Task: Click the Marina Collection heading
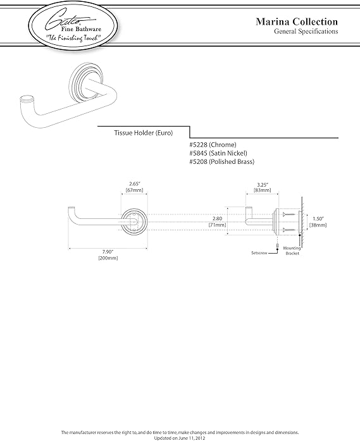[x=297, y=22]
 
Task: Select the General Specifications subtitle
[x=306, y=31]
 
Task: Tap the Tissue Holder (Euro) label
[x=143, y=133]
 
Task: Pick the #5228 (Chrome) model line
[x=213, y=144]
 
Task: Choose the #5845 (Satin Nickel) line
[x=218, y=153]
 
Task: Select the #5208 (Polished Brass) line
[x=221, y=161]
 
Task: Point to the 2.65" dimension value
[x=134, y=184]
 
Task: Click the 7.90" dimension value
[x=108, y=252]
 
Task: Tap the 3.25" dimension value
[x=263, y=185]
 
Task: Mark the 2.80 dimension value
[x=217, y=218]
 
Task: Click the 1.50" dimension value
[x=318, y=219]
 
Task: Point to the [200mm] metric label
[x=108, y=258]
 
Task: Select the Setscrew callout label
[x=259, y=253]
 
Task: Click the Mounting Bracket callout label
[x=292, y=251]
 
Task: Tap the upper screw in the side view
[x=289, y=215]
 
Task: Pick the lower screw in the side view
[x=289, y=230]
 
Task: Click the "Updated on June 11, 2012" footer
[x=180, y=438]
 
